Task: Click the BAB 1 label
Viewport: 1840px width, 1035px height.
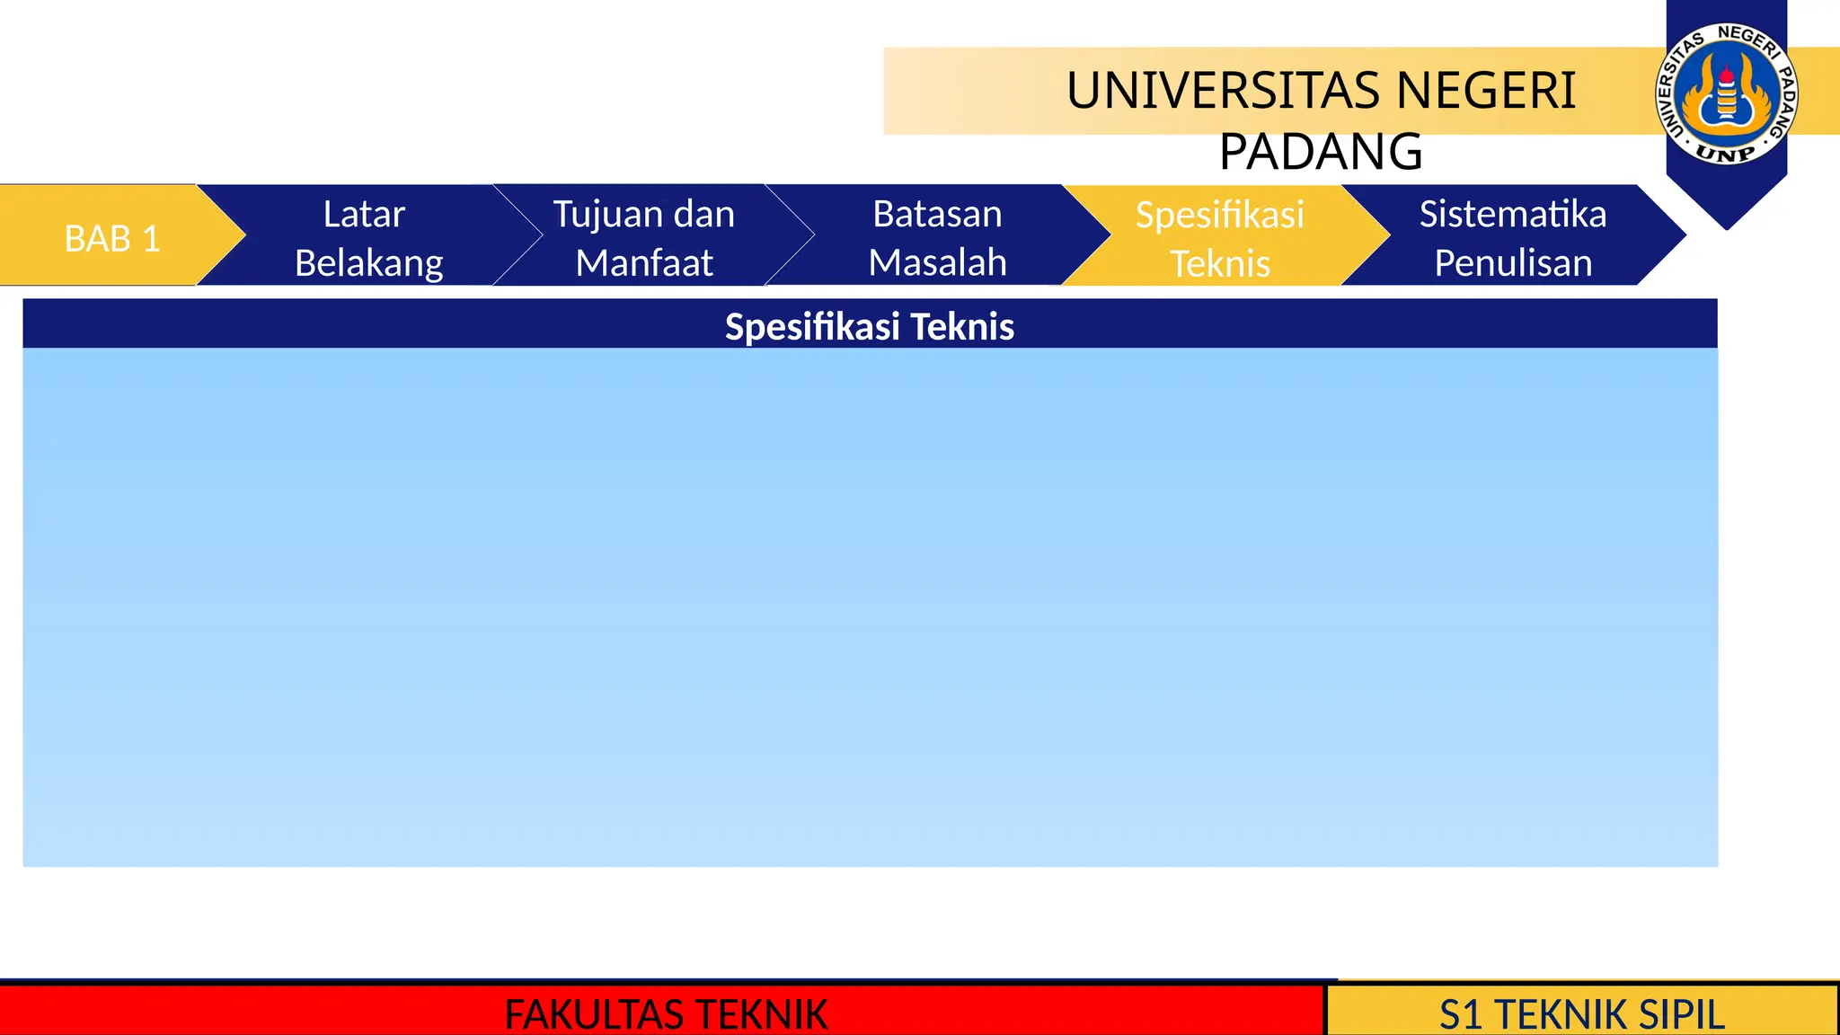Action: pyautogui.click(x=112, y=239)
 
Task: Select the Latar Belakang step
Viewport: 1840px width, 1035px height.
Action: pyautogui.click(x=368, y=238)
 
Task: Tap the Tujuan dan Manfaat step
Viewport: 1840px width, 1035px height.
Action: pyautogui.click(x=644, y=238)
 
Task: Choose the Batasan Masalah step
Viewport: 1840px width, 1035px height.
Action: pyautogui.click(x=937, y=238)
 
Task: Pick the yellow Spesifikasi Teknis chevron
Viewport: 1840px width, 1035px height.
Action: pyautogui.click(x=1219, y=239)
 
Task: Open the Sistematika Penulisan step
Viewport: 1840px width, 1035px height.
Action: pyautogui.click(x=1513, y=238)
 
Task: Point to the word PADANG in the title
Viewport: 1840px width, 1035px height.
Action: pyautogui.click(x=1321, y=151)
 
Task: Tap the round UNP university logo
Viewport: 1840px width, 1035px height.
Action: pyautogui.click(x=1726, y=94)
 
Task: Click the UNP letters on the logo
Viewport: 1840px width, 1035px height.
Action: pyautogui.click(x=1726, y=154)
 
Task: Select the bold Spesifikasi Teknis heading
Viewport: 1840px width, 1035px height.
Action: pyautogui.click(x=870, y=326)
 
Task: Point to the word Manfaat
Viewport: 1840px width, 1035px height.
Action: pyautogui.click(x=644, y=263)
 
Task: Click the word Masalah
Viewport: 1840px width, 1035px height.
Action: pyautogui.click(x=937, y=263)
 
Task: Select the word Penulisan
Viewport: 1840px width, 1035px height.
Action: pyautogui.click(x=1513, y=263)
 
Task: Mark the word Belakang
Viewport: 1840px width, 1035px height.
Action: pyautogui.click(x=368, y=263)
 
